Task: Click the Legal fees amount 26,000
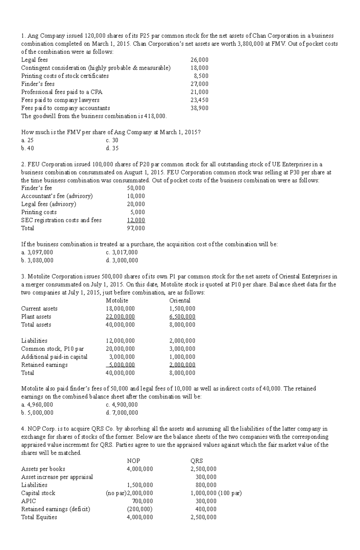pyautogui.click(x=199, y=60)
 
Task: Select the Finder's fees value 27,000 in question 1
pyautogui.click(x=199, y=84)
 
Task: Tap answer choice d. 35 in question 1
pyautogui.click(x=112, y=148)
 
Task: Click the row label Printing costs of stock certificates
pyautogui.click(x=65, y=76)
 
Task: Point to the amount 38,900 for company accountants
pyautogui.click(x=199, y=108)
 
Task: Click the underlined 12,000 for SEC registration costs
pyautogui.click(x=136, y=220)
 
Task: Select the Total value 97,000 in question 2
pyautogui.click(x=136, y=228)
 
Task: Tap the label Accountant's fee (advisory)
pyautogui.click(x=57, y=196)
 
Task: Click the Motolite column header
pyautogui.click(x=117, y=301)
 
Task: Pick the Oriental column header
pyautogui.click(x=180, y=301)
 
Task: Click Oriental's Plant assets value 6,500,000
pyautogui.click(x=182, y=317)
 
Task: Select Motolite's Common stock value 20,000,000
pyautogui.click(x=120, y=349)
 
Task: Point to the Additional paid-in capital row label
pyautogui.click(x=54, y=357)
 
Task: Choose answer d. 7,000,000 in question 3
pyautogui.click(x=122, y=413)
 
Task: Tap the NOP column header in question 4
pyautogui.click(x=133, y=461)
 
